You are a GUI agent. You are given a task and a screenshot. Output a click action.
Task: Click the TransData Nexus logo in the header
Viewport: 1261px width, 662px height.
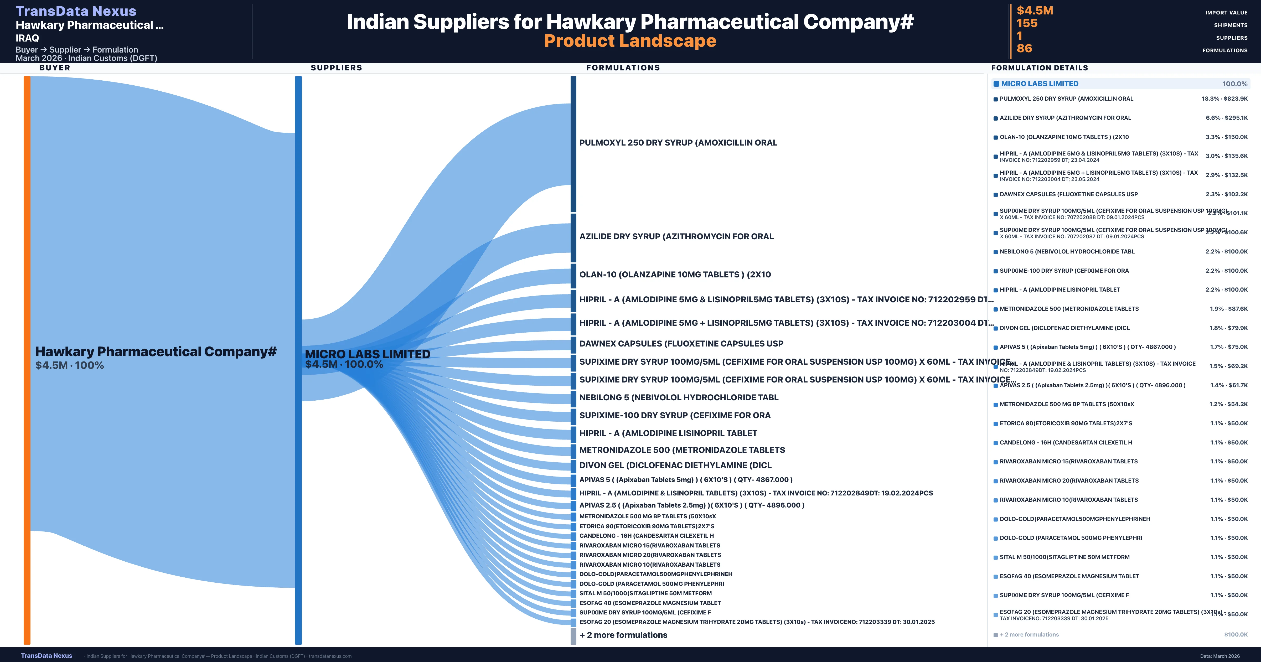pyautogui.click(x=76, y=11)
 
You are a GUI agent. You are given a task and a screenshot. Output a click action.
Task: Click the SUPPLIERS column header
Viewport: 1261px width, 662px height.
pyautogui.click(x=336, y=68)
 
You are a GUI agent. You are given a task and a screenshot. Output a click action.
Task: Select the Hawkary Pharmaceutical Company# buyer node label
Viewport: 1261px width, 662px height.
pyautogui.click(x=156, y=351)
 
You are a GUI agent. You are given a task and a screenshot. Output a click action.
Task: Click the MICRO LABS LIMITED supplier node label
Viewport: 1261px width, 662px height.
pyautogui.click(x=367, y=354)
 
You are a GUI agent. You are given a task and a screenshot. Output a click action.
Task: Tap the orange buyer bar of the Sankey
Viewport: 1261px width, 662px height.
pyautogui.click(x=27, y=360)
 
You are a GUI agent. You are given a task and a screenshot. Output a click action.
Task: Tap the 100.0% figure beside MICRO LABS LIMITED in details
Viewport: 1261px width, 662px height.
pyautogui.click(x=1234, y=84)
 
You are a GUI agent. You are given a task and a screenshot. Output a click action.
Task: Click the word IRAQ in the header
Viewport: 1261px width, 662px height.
pyautogui.click(x=27, y=38)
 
